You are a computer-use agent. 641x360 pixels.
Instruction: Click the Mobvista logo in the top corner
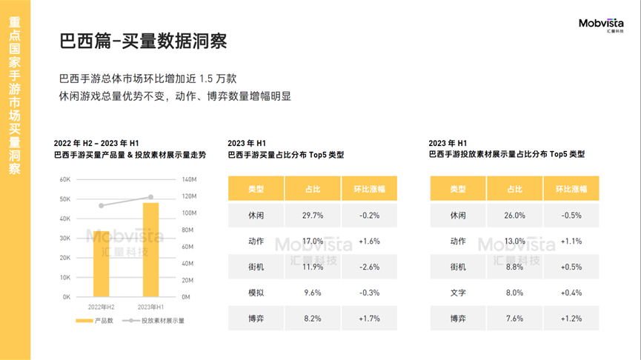(x=601, y=26)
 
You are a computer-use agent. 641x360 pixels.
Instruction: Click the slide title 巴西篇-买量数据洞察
(x=143, y=41)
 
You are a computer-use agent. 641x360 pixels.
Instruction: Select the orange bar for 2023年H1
(x=150, y=250)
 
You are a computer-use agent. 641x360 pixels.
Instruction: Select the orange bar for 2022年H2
(x=102, y=264)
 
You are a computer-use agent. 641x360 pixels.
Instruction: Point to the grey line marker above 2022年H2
(x=102, y=205)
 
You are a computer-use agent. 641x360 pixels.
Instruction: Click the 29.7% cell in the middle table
(x=313, y=216)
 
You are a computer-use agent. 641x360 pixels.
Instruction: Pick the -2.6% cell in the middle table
(x=369, y=267)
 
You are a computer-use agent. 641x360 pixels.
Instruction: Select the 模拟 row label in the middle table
(x=256, y=293)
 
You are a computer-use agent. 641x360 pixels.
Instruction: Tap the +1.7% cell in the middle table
(x=369, y=319)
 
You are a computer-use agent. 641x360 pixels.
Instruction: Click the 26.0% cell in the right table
(x=514, y=216)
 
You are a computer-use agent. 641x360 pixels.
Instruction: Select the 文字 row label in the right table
(x=458, y=293)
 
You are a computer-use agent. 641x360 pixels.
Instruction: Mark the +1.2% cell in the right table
(x=571, y=319)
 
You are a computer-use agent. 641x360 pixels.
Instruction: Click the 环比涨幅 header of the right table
(x=571, y=189)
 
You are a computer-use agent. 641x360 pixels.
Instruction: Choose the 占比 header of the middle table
(x=313, y=189)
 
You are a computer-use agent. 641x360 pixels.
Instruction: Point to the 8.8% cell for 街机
(x=514, y=267)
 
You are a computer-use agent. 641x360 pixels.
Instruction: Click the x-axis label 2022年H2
(x=102, y=306)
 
